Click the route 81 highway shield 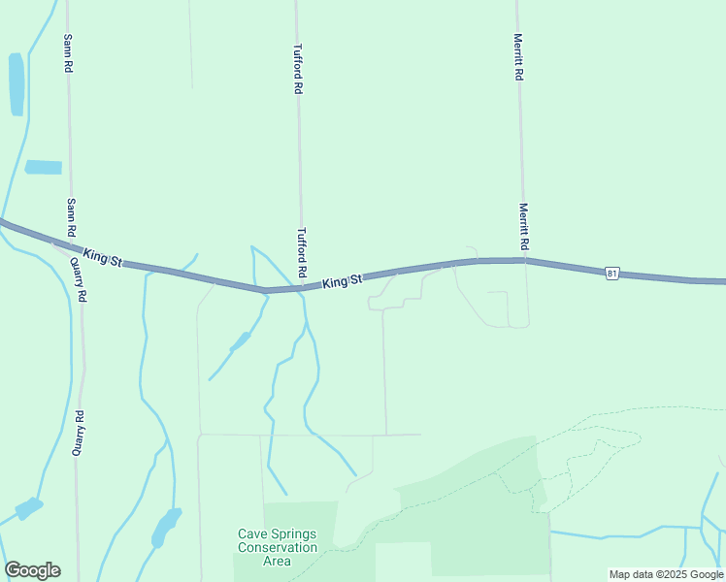[610, 274]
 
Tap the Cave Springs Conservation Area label [278, 547]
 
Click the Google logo [32, 570]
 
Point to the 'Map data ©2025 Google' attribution [666, 574]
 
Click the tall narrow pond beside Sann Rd [16, 84]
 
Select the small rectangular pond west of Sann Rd [43, 167]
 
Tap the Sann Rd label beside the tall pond [68, 53]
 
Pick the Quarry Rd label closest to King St [80, 281]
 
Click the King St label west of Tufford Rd [103, 257]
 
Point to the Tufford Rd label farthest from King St [298, 68]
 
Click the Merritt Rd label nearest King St [523, 225]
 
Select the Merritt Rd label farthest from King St [519, 57]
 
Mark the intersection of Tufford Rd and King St [301, 287]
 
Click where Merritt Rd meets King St [524, 259]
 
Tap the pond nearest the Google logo [28, 508]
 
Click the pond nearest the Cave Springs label [165, 527]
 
